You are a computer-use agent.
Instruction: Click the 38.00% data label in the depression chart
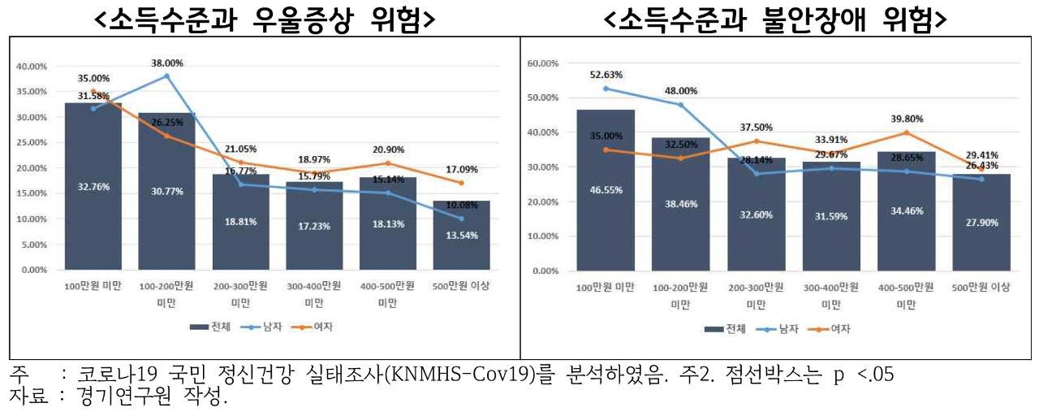click(x=166, y=63)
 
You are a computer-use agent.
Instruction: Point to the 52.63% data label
click(x=606, y=76)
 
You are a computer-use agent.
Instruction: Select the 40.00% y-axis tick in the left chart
click(x=33, y=67)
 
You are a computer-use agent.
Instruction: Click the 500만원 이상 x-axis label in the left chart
click(x=461, y=287)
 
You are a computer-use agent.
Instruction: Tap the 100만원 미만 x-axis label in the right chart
click(x=606, y=288)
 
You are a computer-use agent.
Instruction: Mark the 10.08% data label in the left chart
click(x=461, y=205)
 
